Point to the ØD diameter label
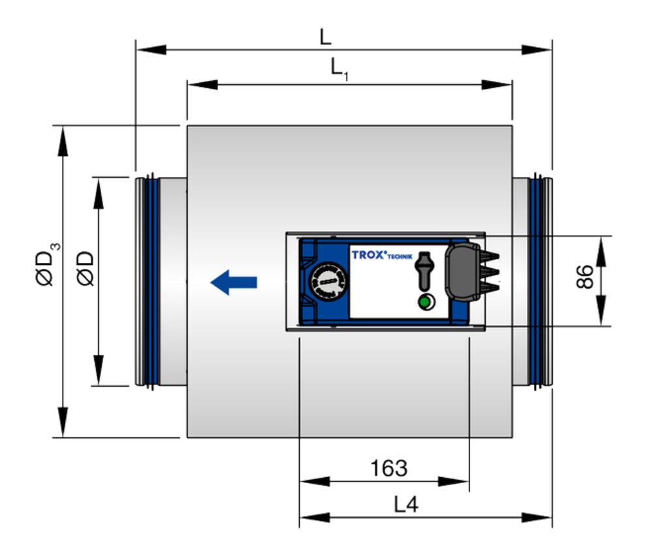coord(86,267)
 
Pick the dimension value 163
coord(389,468)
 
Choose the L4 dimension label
coord(406,505)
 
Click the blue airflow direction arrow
coord(233,282)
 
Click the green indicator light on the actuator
coord(425,302)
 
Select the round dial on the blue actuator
coord(325,281)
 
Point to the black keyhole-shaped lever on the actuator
coord(425,268)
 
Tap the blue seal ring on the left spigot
coord(151,281)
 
